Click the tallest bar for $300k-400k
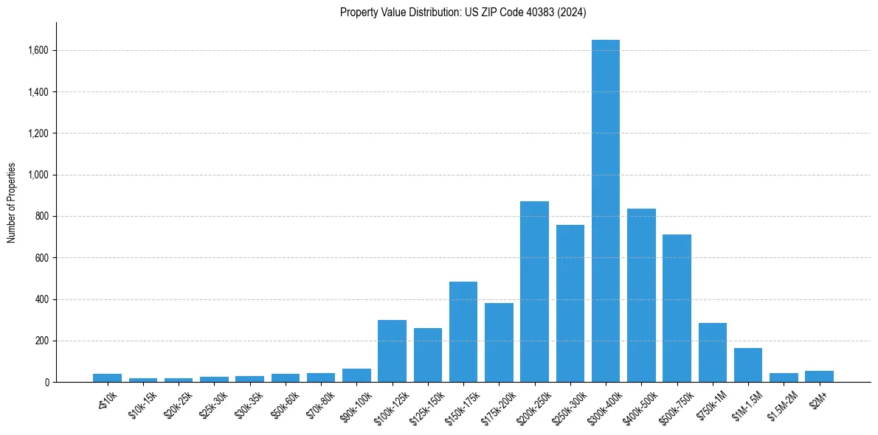pyautogui.click(x=606, y=214)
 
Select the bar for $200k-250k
pyautogui.click(x=534, y=292)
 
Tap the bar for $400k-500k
pyautogui.click(x=641, y=296)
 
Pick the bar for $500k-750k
pyautogui.click(x=677, y=309)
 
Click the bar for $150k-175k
pyautogui.click(x=463, y=333)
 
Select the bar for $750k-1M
pyautogui.click(x=713, y=353)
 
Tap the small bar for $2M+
pyautogui.click(x=819, y=376)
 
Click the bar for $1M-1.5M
pyautogui.click(x=748, y=366)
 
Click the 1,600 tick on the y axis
pyautogui.click(x=38, y=51)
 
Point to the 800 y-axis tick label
pyautogui.click(x=42, y=217)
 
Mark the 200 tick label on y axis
pyautogui.click(x=42, y=341)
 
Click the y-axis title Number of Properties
pyautogui.click(x=11, y=203)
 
